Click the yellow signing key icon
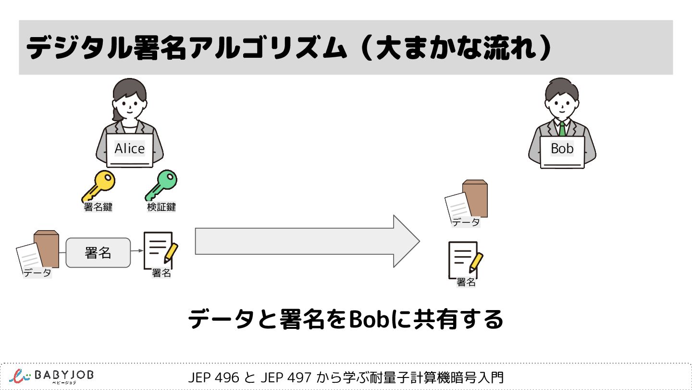tap(98, 186)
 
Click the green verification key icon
tap(161, 185)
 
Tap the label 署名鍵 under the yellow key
tap(98, 207)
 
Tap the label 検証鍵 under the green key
tap(161, 207)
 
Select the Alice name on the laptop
tap(130, 149)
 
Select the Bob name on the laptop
tap(562, 149)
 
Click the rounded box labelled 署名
tap(98, 253)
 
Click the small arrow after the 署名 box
tap(137, 251)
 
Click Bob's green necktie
tap(562, 129)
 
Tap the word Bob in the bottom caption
tap(368, 319)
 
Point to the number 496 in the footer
tap(229, 377)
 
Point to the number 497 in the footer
tap(300, 377)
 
